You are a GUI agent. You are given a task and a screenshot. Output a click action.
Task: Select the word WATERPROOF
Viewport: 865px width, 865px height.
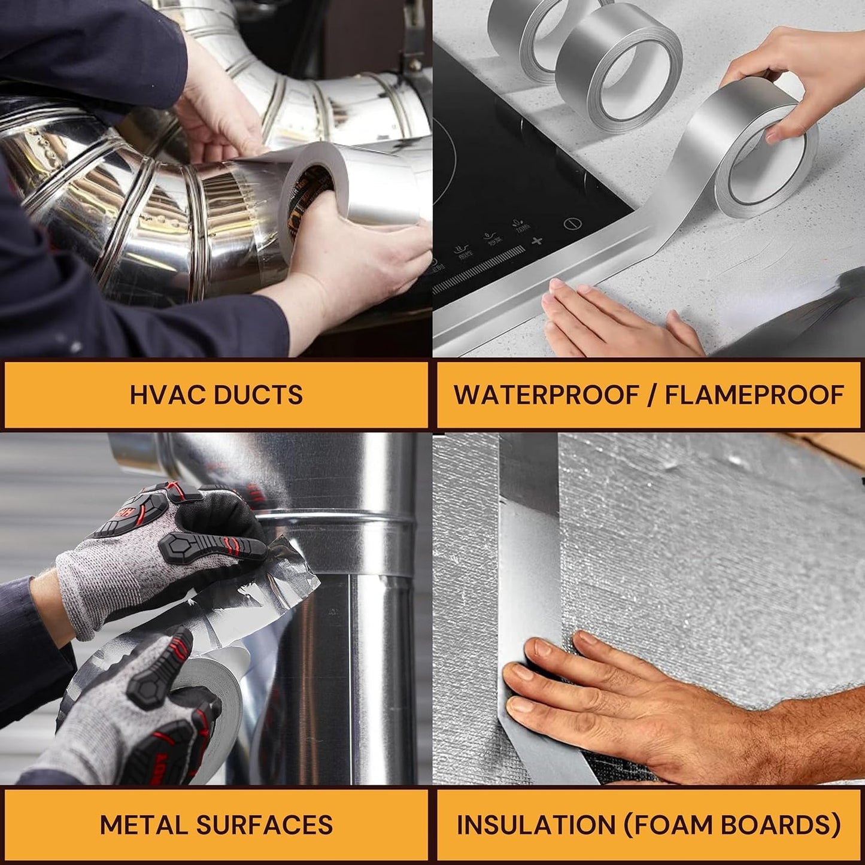tap(547, 395)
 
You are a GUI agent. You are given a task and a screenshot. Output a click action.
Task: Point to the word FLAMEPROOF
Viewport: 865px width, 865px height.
tap(754, 395)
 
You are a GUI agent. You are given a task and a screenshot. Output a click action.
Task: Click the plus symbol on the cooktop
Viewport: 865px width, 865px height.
tap(537, 241)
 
